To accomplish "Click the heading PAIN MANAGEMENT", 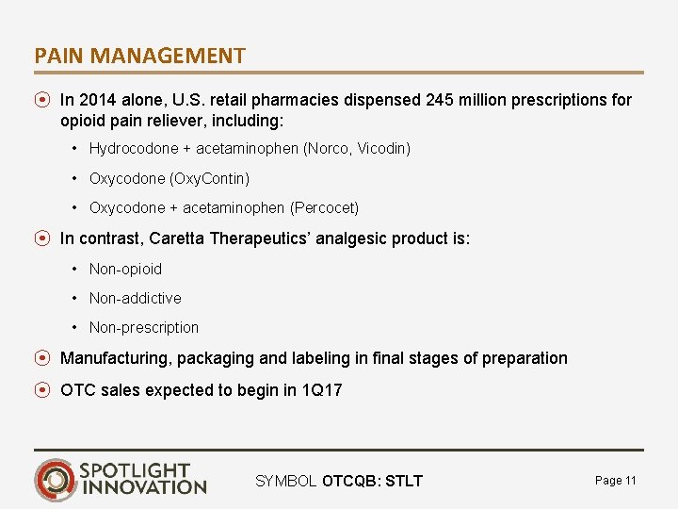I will coord(139,56).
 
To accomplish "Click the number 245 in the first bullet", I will coord(439,100).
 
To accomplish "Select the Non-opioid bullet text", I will coord(125,269).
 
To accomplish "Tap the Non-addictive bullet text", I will coord(135,298).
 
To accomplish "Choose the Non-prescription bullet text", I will coord(144,327).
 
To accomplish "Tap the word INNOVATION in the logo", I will coord(144,487).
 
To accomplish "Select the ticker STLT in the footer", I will coord(404,482).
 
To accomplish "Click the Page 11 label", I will coord(616,481).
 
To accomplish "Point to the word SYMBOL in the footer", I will coord(285,482).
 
